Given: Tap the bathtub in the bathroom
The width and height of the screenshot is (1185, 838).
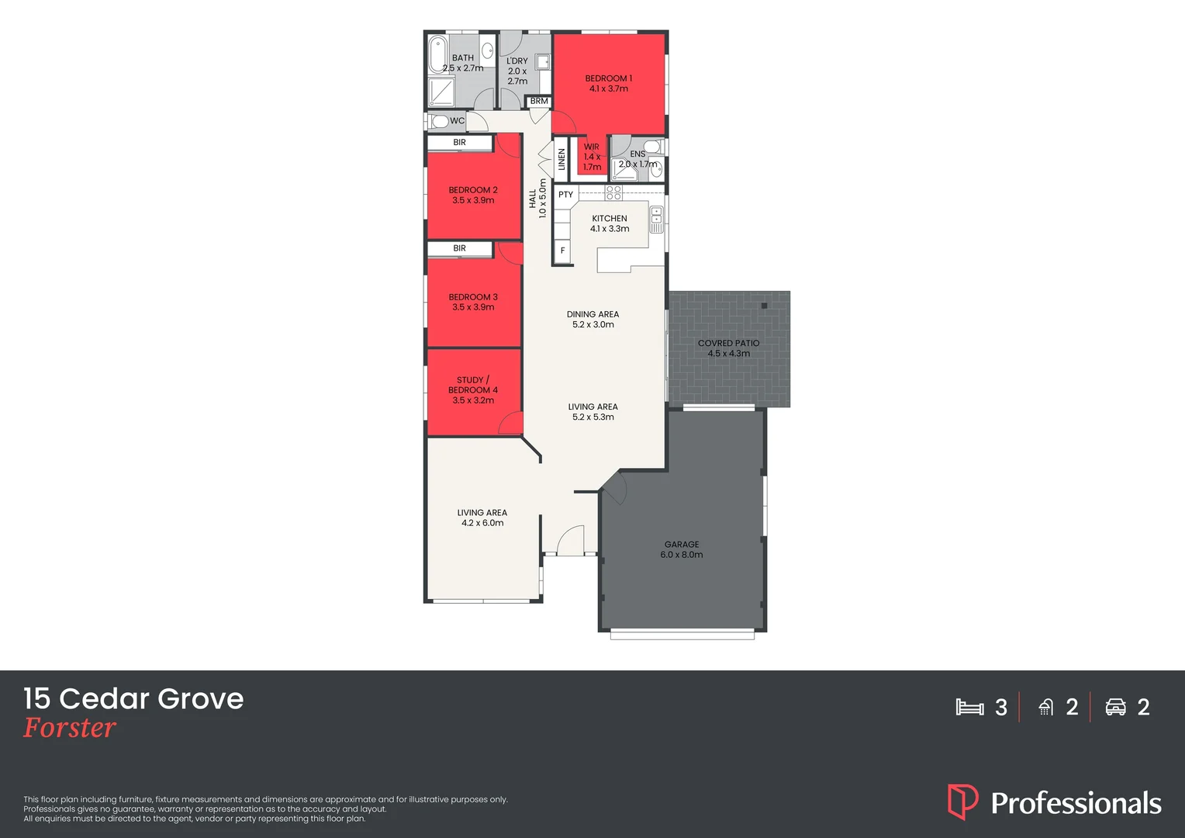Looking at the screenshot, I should (x=437, y=54).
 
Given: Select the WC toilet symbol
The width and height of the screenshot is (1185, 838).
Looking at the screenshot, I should (x=440, y=121).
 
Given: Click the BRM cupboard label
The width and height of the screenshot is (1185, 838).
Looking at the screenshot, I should (x=539, y=102).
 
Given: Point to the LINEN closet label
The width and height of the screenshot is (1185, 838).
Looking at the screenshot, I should (x=561, y=159).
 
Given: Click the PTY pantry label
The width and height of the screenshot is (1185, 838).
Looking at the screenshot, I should (x=565, y=195).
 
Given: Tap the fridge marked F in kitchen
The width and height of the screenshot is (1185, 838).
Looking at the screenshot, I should (x=562, y=251).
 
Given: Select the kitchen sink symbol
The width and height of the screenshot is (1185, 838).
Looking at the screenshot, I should (x=656, y=220).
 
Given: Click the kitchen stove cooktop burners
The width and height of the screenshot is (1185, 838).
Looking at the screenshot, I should (x=613, y=192).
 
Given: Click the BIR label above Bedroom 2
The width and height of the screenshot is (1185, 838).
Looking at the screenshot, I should (x=459, y=143).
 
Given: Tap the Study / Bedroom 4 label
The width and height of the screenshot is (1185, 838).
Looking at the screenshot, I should (x=473, y=390).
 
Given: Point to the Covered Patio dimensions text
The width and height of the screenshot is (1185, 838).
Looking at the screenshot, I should (x=728, y=354).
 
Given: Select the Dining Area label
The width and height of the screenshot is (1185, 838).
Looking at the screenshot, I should (x=592, y=314).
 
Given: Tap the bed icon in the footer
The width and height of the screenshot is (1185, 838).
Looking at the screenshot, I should (x=969, y=707).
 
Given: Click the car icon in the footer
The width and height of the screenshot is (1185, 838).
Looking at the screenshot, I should (x=1115, y=707).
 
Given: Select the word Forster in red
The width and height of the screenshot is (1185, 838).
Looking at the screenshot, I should (x=70, y=728).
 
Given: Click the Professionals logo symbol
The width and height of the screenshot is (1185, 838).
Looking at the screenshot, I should (x=962, y=802).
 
